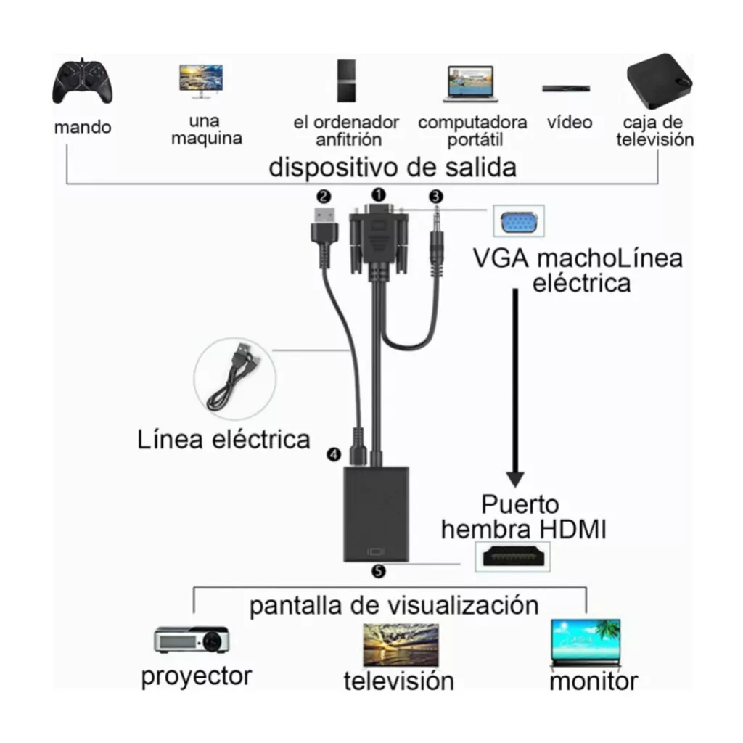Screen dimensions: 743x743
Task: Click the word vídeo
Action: coord(570,122)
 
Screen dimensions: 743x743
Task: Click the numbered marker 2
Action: coord(324,195)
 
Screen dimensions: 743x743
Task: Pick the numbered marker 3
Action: coord(435,196)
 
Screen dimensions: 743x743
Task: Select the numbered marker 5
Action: coord(377,571)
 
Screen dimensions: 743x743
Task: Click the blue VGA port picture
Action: coord(518,221)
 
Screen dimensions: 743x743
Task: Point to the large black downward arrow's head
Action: coord(515,479)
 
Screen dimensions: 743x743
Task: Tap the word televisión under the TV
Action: coord(398,681)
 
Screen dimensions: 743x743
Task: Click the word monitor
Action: coord(594,681)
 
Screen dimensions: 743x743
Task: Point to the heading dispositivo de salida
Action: coord(393,168)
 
